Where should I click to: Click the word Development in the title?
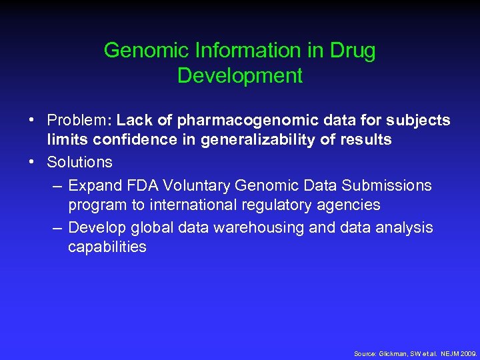coord(240,75)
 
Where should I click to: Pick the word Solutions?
coord(79,162)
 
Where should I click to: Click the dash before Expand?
coord(58,185)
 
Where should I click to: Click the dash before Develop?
coord(58,227)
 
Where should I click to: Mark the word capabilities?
coord(107,247)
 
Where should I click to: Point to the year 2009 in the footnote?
coord(469,353)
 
